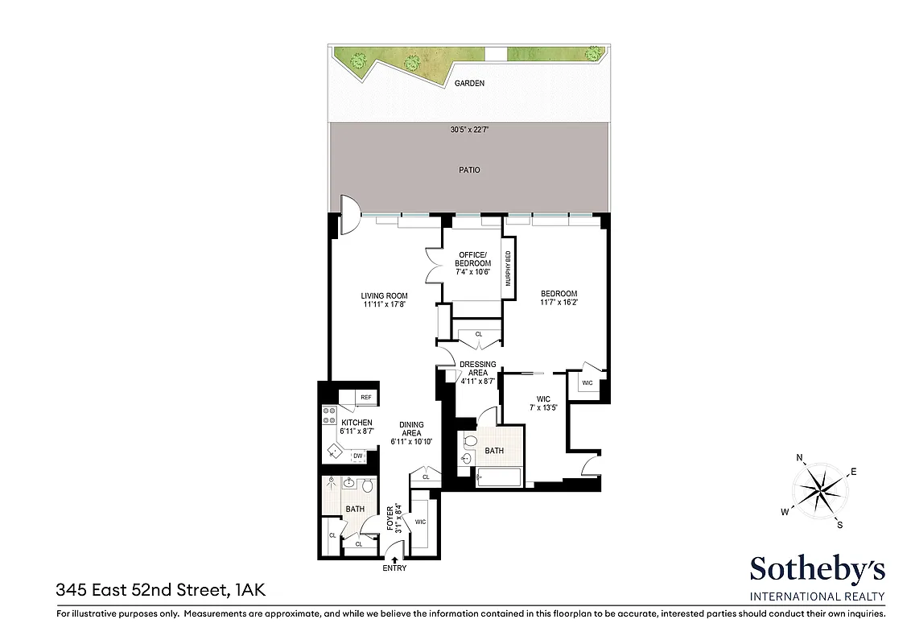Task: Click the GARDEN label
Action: click(x=469, y=83)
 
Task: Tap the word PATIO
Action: click(x=469, y=170)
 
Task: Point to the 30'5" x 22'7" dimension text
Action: click(x=469, y=130)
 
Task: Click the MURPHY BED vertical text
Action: click(x=508, y=269)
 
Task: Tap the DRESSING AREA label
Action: click(x=477, y=369)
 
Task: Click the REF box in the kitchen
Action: click(x=366, y=397)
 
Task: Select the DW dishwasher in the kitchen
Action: click(x=358, y=456)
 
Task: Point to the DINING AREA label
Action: click(x=411, y=433)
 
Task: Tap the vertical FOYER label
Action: click(x=390, y=520)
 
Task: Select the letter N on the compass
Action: click(x=800, y=459)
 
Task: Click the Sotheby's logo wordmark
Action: click(x=817, y=570)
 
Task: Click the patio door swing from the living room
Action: click(x=349, y=215)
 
